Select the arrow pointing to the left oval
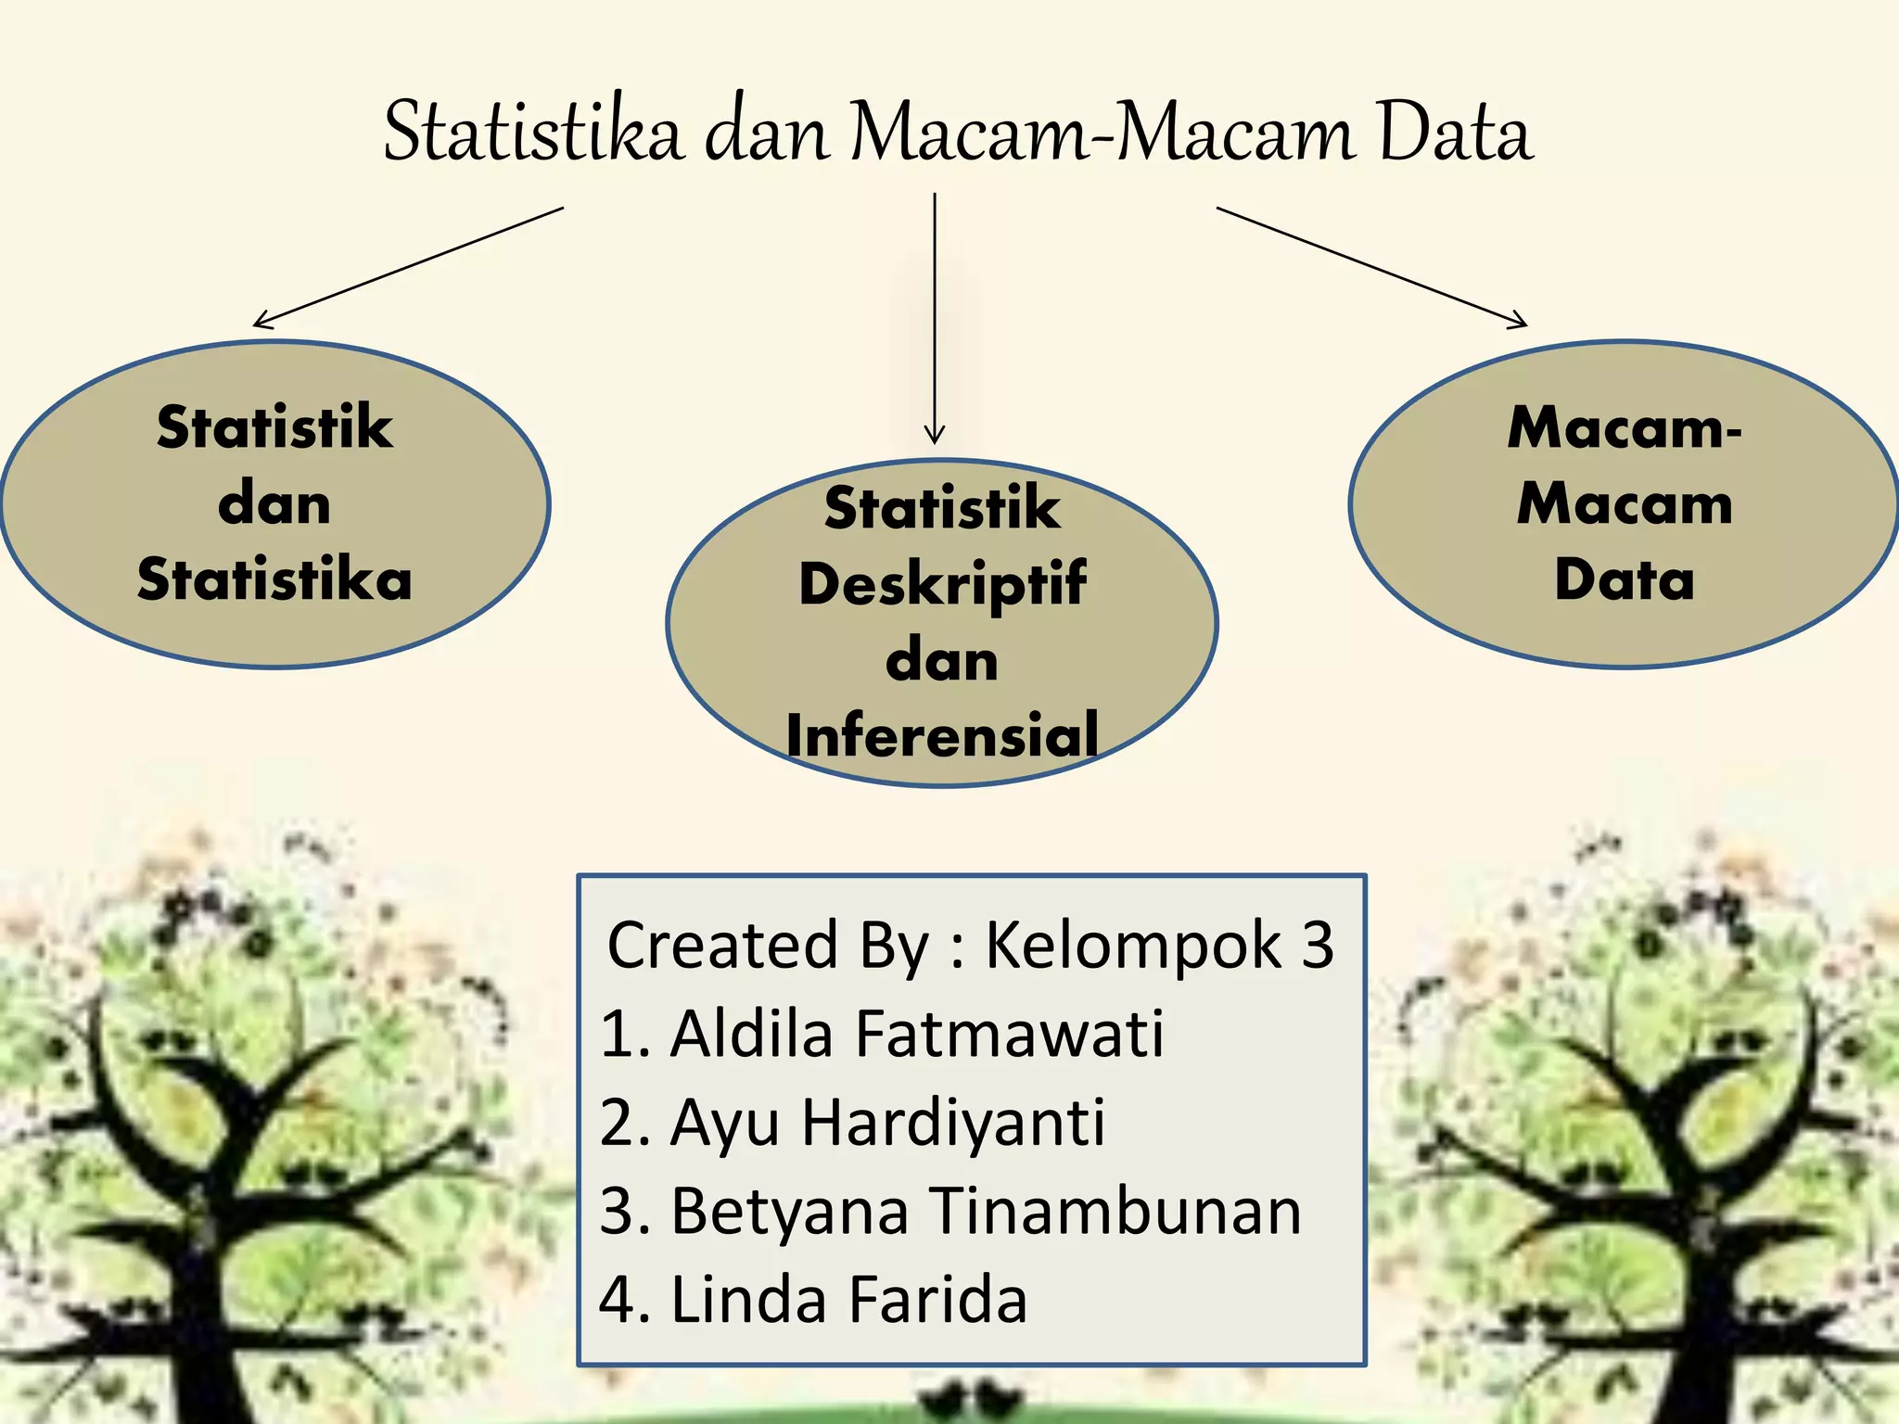pos(408,267)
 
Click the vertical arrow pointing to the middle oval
pos(935,315)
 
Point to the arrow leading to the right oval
pos(1372,267)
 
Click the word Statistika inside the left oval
pos(274,580)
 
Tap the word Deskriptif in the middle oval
pos(942,585)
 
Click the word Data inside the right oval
pos(1625,580)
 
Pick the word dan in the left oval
pos(274,505)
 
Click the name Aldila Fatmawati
pos(916,1033)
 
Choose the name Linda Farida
pos(848,1299)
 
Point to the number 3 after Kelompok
pos(1317,946)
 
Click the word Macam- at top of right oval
pos(1625,428)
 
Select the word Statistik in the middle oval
pos(942,509)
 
